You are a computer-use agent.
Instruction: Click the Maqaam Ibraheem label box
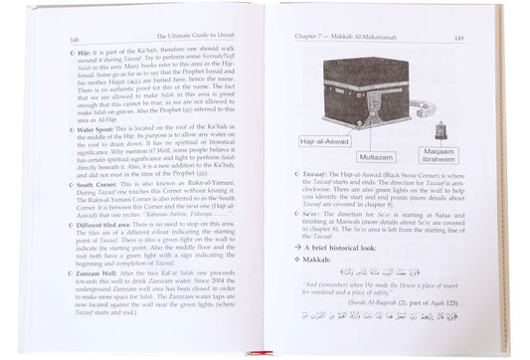(457, 157)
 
